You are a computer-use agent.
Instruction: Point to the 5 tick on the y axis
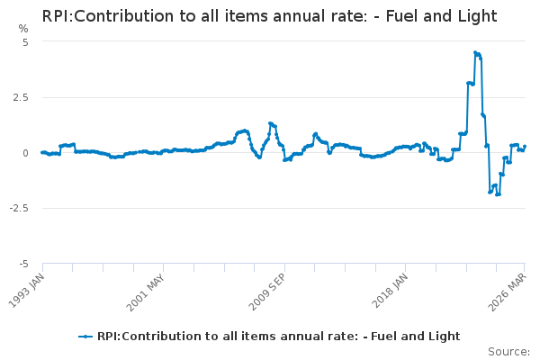point(25,42)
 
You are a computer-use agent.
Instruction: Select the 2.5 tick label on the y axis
point(22,97)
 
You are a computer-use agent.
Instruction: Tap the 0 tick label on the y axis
point(25,153)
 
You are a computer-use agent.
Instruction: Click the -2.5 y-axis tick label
point(20,208)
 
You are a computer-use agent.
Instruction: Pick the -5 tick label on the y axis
point(23,264)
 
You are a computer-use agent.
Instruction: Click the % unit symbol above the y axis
point(23,29)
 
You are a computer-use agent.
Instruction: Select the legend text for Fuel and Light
point(278,337)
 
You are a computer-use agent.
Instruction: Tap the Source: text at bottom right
point(508,352)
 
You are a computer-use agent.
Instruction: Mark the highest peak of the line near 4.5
point(475,52)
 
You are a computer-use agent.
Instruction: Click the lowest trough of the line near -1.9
point(497,194)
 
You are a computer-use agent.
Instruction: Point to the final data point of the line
point(525,147)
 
